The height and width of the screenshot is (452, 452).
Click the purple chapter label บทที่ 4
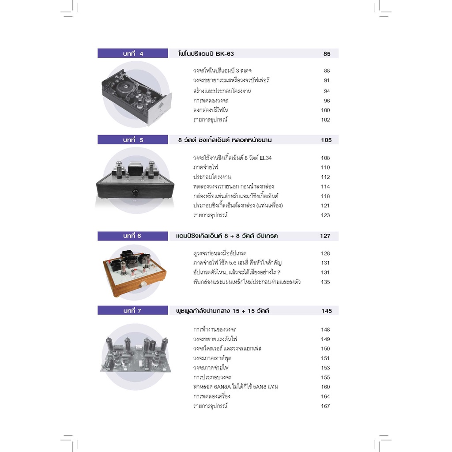(132, 53)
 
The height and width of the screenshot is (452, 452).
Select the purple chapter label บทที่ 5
(132, 140)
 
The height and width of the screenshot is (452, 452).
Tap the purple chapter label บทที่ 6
(132, 236)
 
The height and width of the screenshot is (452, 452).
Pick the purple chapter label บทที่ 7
(132, 310)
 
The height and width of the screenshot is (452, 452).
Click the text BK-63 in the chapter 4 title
(225, 53)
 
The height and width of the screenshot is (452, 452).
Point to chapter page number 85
(327, 54)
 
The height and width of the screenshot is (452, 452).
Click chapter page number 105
(326, 140)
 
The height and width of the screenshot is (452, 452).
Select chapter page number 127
(325, 236)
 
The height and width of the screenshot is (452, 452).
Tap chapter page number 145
(327, 311)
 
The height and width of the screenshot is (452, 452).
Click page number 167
(325, 406)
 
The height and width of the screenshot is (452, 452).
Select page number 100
(325, 110)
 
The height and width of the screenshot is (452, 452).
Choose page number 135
(325, 282)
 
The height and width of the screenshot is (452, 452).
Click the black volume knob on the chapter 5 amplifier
(135, 192)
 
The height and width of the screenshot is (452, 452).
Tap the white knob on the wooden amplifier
(143, 284)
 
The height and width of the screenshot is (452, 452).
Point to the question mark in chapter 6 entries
(279, 272)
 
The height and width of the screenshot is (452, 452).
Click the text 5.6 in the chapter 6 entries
(233, 263)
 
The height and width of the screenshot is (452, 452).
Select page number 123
(325, 215)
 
